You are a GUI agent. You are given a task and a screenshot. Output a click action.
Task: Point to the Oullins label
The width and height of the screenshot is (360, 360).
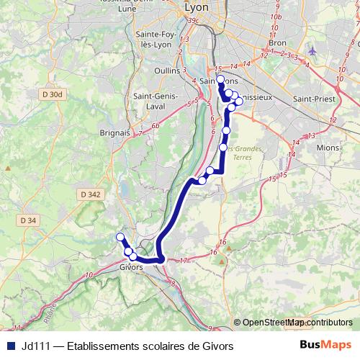(166, 71)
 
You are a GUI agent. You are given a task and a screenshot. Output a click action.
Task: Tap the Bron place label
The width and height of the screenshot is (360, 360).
(276, 42)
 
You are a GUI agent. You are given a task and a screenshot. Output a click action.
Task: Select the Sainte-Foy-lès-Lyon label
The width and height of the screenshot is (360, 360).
(156, 39)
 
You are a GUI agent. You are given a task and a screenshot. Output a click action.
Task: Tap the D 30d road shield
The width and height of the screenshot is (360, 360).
(53, 94)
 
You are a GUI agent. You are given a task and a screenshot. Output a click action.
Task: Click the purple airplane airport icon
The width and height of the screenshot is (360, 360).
(312, 52)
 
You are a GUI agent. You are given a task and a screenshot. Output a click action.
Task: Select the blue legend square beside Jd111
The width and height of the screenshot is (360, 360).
(10, 346)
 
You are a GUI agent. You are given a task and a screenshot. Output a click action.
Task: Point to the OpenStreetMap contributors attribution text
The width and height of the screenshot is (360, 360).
(296, 323)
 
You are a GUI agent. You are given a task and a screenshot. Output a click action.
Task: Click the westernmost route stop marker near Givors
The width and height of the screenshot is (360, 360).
(120, 238)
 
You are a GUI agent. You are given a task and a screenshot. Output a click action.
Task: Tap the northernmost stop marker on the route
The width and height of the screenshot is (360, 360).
(220, 79)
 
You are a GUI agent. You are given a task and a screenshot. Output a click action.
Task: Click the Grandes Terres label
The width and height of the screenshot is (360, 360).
(248, 153)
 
